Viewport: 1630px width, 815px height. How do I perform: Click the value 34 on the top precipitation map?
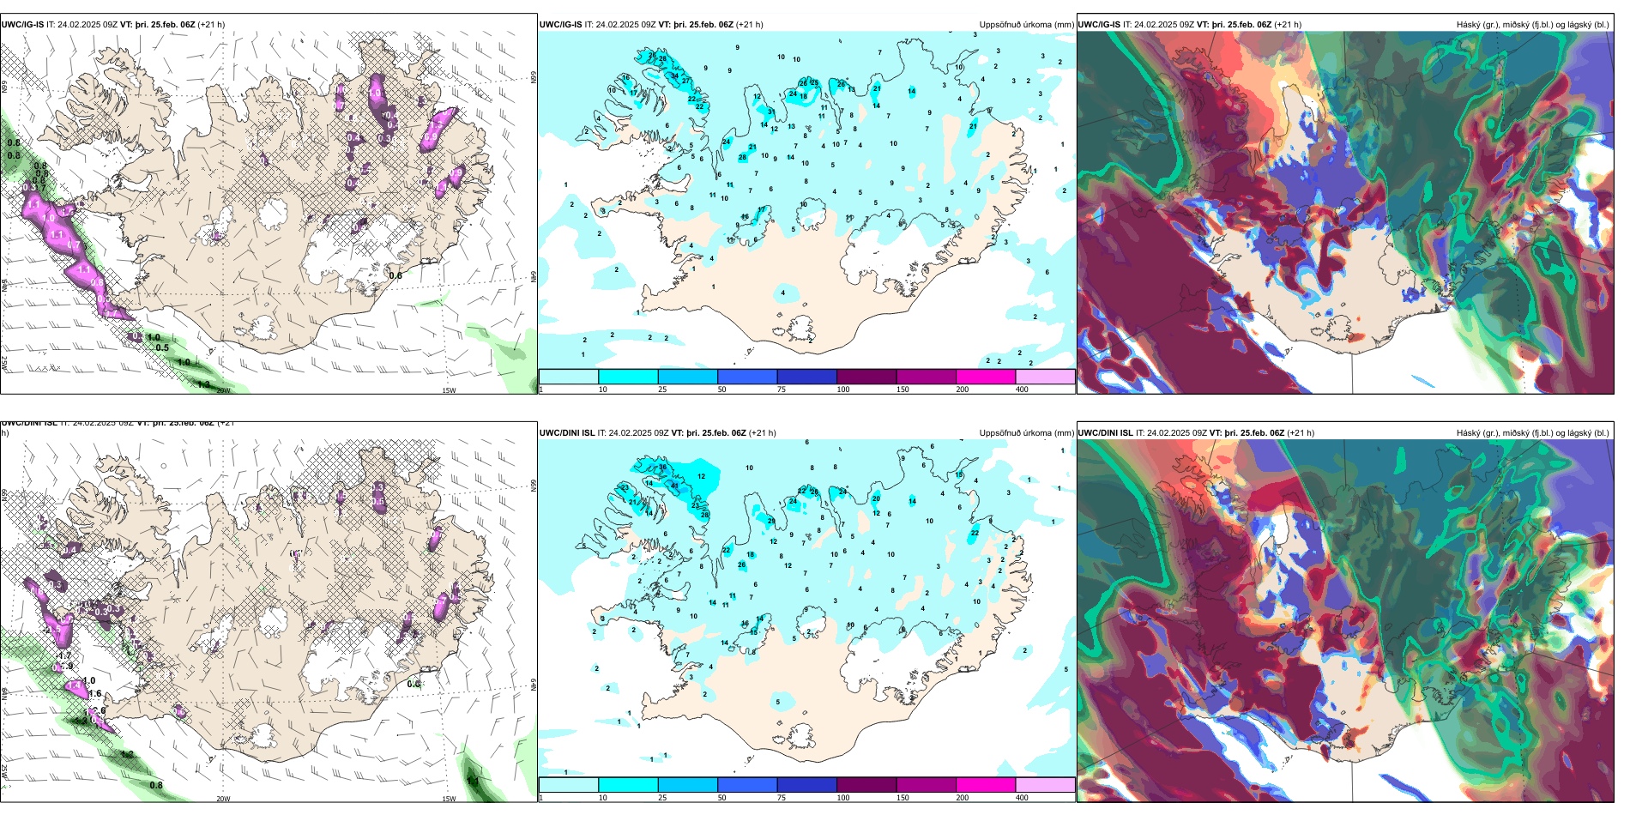click(674, 75)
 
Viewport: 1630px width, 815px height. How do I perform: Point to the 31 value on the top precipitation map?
click(771, 112)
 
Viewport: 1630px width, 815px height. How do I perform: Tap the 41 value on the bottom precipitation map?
click(674, 486)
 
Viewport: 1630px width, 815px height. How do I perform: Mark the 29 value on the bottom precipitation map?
click(771, 522)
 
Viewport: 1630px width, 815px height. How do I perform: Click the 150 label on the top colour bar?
click(903, 389)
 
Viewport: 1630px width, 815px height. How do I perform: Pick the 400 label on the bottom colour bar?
click(1022, 798)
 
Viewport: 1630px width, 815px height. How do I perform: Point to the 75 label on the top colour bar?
click(782, 389)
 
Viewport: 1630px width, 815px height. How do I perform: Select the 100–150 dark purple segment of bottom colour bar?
click(866, 785)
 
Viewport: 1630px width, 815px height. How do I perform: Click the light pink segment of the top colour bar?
click(1045, 377)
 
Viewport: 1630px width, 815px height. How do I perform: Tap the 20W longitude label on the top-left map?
click(223, 390)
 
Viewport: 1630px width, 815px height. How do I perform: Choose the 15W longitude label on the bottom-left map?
click(449, 799)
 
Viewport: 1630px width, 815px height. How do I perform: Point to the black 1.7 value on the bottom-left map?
click(64, 656)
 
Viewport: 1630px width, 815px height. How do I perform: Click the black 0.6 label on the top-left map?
click(395, 275)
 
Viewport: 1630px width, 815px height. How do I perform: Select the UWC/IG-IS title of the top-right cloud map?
click(1099, 25)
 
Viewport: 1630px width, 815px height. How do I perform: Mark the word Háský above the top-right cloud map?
click(1469, 25)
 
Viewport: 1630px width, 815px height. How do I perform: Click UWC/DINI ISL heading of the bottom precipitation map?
click(567, 433)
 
